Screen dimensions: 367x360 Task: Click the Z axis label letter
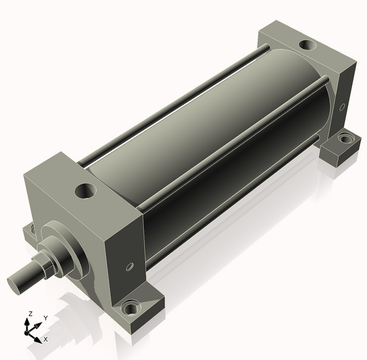(x=30, y=314)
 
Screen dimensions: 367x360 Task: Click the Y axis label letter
(x=46, y=318)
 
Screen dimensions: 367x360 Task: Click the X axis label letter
(x=46, y=339)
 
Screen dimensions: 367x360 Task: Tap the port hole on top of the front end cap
(x=86, y=191)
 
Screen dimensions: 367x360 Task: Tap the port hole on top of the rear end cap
(x=308, y=45)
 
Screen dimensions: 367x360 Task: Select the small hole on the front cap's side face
(x=130, y=266)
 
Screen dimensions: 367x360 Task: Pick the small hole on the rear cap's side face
(x=342, y=107)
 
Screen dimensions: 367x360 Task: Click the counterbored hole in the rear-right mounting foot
(x=345, y=138)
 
